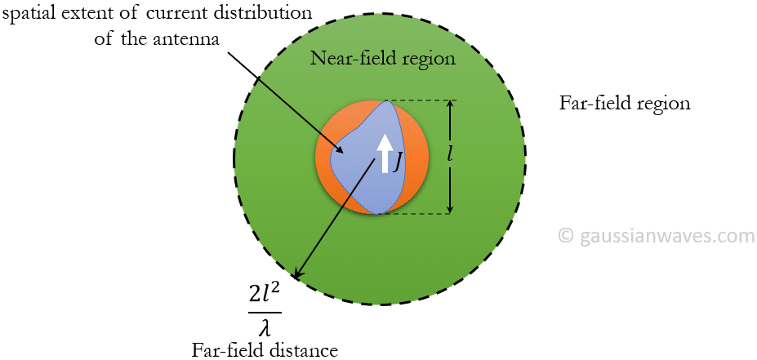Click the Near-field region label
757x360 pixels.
point(382,60)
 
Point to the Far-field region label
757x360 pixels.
point(625,104)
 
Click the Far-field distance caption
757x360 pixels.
point(265,350)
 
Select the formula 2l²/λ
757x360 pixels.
point(265,311)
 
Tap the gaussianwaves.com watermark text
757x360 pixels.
point(667,236)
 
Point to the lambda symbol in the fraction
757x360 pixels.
point(265,327)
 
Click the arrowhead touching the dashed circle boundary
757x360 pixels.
point(300,273)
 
